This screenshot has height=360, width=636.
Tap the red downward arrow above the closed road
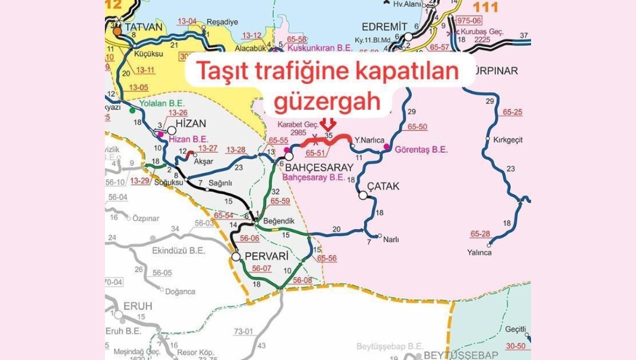coord(329,124)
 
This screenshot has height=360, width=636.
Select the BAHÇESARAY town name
coord(319,167)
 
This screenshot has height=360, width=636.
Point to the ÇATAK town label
coord(383,187)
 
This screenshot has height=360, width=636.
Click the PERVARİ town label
coord(267,257)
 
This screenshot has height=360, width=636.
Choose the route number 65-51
coord(316,152)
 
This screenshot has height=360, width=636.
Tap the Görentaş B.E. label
coord(421,150)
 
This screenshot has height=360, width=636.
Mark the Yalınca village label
coord(479,252)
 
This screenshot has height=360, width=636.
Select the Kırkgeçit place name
coord(508,140)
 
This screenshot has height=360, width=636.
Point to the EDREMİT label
coord(384,27)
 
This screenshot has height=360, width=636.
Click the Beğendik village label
coord(279,220)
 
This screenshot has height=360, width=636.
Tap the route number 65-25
coord(512,112)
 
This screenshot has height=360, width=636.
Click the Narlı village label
coord(392,240)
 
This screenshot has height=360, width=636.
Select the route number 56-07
coord(261,269)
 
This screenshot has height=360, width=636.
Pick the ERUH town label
coord(137,306)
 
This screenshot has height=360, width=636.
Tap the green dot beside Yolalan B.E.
coord(132,110)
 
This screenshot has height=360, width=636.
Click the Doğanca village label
coord(180,292)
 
